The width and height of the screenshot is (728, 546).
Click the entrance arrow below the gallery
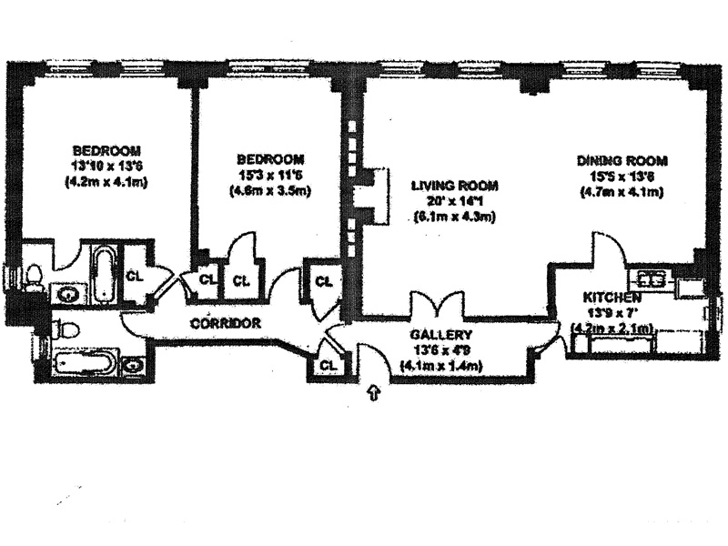click(x=373, y=393)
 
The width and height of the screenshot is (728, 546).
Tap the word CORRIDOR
click(x=226, y=323)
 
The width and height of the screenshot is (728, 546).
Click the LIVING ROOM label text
click(x=454, y=185)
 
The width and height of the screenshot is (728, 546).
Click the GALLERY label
click(x=440, y=334)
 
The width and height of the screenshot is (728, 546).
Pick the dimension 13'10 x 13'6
click(x=106, y=166)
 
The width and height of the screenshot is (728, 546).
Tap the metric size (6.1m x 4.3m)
click(x=454, y=217)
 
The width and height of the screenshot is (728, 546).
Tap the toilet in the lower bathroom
click(x=66, y=329)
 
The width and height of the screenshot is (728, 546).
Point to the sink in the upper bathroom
click(x=66, y=293)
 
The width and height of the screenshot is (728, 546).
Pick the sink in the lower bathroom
click(x=133, y=366)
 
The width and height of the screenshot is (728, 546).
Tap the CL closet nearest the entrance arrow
click(x=329, y=366)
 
